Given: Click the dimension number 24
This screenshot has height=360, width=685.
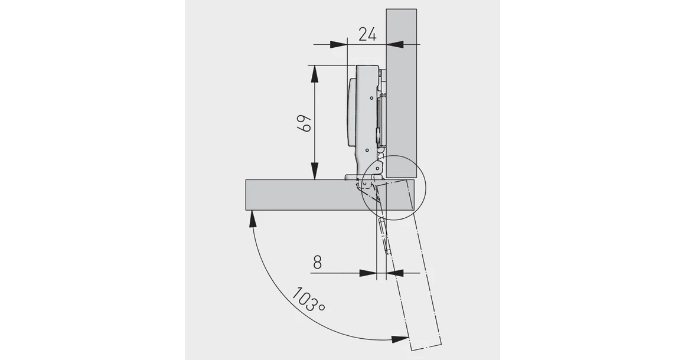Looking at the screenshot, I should coord(367,34).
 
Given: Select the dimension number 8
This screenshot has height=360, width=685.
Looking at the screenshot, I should coord(317,262).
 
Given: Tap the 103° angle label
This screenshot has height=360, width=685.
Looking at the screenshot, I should coord(307,300).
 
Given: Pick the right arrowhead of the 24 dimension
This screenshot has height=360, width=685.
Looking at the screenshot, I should coord(394,44).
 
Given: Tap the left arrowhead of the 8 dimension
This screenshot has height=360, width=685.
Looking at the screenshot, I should coord(368,273).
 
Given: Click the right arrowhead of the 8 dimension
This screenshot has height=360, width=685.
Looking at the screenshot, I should coord(394,273).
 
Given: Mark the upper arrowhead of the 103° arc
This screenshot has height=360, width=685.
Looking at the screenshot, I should coord(253,219).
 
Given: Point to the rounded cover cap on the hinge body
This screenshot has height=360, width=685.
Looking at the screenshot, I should coord(351,112).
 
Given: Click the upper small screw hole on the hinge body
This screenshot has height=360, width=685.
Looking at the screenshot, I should coord(371,97).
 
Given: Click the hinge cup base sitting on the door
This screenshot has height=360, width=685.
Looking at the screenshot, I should coord(352,176).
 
